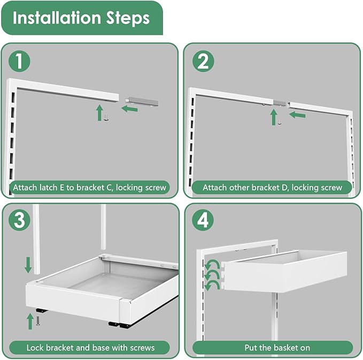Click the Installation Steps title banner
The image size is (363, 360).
coord(81,18)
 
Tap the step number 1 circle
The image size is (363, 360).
coord(19,62)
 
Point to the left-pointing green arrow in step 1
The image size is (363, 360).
coord(129,109)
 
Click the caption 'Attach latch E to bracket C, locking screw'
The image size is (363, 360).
coord(90,188)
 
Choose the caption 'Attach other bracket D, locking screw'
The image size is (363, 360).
coord(272,188)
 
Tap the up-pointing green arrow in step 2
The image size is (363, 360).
coord(274,117)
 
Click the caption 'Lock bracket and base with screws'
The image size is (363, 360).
coord(90,347)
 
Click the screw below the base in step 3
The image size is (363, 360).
coord(39,320)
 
